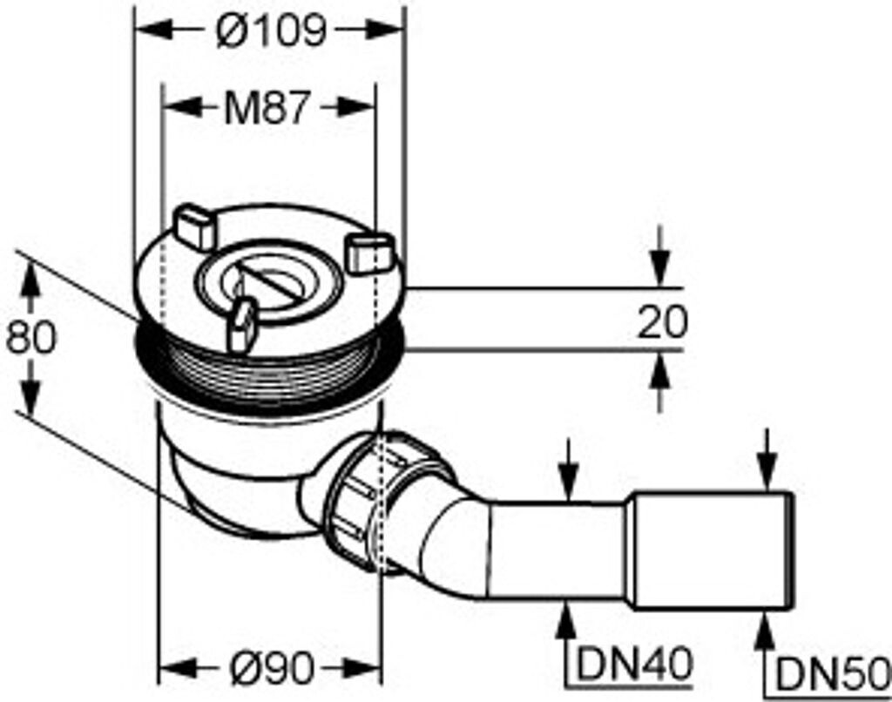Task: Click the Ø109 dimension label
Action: (270, 31)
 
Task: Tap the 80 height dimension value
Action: (30, 337)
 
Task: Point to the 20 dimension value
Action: (662, 322)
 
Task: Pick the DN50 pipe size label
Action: (832, 672)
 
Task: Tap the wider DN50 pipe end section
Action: (711, 550)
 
